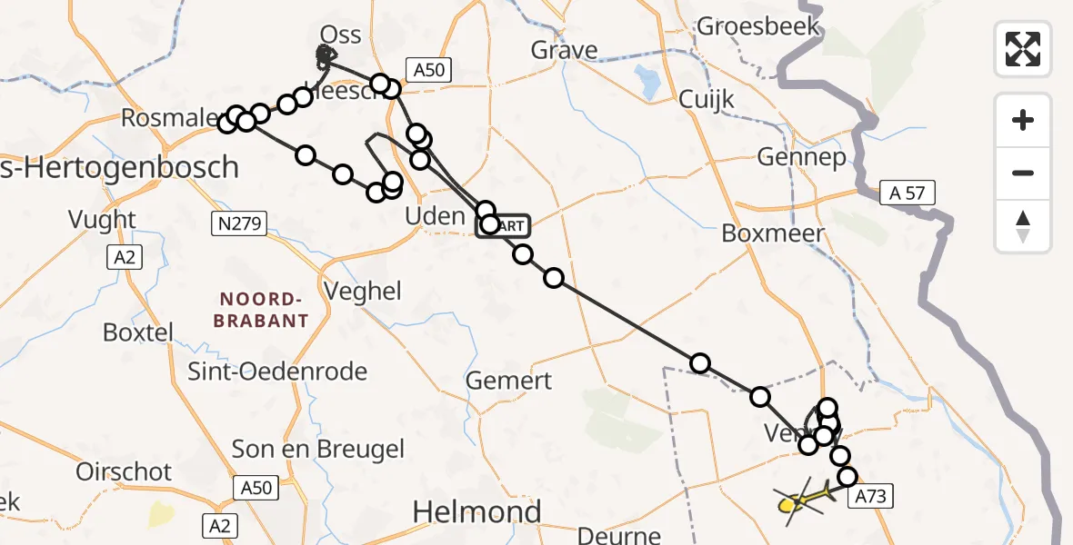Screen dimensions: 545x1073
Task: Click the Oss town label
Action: [341, 35]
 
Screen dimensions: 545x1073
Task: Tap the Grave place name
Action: [564, 49]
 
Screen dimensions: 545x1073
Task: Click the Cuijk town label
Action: [707, 99]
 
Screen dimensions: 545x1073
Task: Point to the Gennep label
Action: [801, 157]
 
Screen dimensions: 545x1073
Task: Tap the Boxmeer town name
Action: [772, 233]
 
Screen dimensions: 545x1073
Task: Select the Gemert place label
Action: [508, 381]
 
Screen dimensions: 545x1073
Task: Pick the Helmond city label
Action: [476, 512]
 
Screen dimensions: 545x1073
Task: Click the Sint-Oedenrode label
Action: [277, 371]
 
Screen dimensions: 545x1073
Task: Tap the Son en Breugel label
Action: [317, 449]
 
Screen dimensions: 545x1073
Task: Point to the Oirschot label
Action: [124, 472]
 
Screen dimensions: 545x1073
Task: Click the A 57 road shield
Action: [907, 192]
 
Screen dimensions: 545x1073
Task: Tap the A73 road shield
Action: [870, 496]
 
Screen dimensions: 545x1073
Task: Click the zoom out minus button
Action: [1023, 173]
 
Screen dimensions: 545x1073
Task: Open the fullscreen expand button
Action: [1023, 49]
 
